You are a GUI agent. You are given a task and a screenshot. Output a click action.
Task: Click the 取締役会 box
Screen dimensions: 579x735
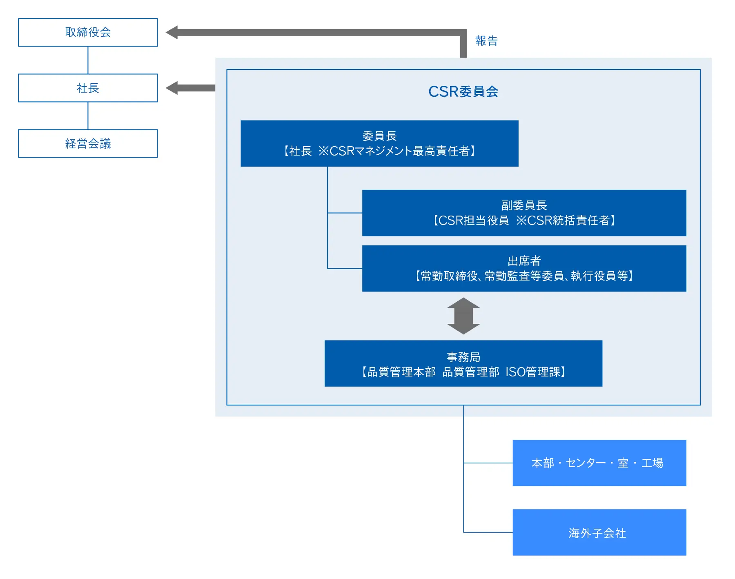pyautogui.click(x=88, y=32)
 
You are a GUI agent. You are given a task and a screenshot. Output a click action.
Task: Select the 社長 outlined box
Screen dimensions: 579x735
pyautogui.click(x=88, y=88)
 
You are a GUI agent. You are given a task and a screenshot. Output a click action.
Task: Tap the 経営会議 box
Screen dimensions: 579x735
pyautogui.click(x=88, y=143)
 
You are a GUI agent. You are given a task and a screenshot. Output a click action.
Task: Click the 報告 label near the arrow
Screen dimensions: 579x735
pyautogui.click(x=486, y=41)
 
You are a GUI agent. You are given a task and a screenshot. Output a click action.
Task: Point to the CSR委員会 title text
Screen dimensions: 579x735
pyautogui.click(x=463, y=91)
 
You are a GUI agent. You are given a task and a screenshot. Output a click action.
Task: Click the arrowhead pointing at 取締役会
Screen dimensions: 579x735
pyautogui.click(x=172, y=32)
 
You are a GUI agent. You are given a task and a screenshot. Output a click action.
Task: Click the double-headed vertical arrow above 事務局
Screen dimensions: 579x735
pyautogui.click(x=463, y=316)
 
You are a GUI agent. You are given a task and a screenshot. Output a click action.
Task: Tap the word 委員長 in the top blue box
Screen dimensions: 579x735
pyautogui.click(x=379, y=136)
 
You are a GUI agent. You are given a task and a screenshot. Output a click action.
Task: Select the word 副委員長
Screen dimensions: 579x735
pyautogui.click(x=524, y=205)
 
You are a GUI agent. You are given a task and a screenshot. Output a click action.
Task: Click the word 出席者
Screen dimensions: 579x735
pyautogui.click(x=524, y=261)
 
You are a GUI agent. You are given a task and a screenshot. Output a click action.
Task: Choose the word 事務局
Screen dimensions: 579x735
pyautogui.click(x=463, y=357)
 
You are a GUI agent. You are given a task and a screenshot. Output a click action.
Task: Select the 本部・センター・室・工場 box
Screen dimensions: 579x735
pyautogui.click(x=599, y=463)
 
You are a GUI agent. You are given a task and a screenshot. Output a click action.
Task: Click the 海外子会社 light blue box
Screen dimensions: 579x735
pyautogui.click(x=599, y=532)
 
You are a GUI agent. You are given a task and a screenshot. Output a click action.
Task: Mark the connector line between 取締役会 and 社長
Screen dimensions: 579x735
pyautogui.click(x=88, y=60)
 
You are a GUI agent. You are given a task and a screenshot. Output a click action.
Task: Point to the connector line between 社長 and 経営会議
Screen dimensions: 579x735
pyautogui.click(x=88, y=116)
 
